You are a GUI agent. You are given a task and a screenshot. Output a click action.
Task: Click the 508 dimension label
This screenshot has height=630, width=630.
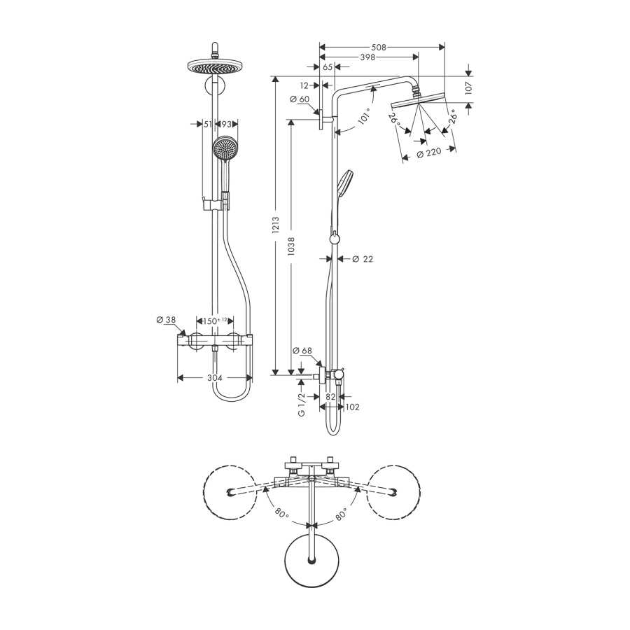pyautogui.click(x=378, y=48)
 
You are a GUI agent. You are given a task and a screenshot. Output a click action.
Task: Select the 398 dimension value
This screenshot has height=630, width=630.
pyautogui.click(x=367, y=57)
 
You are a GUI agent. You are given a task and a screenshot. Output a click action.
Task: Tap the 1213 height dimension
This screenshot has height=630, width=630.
pyautogui.click(x=275, y=225)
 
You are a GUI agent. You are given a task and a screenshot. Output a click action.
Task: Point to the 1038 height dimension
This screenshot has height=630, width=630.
pyautogui.click(x=291, y=246)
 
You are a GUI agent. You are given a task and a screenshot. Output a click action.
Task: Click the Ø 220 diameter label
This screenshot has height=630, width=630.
pyautogui.click(x=428, y=153)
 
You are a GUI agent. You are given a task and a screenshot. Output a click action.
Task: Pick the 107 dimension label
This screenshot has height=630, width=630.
pyautogui.click(x=469, y=88)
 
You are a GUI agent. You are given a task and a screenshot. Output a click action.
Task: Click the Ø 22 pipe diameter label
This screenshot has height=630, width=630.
pyautogui.click(x=363, y=259)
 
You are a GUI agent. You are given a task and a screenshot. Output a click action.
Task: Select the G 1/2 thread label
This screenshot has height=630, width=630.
pyautogui.click(x=302, y=404)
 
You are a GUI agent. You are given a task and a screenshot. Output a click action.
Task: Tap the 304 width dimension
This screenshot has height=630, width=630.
pyautogui.click(x=215, y=378)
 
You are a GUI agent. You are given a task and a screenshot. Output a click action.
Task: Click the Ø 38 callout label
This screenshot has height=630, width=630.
pyautogui.click(x=166, y=320)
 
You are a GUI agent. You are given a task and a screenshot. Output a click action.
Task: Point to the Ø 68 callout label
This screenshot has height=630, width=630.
pyautogui.click(x=302, y=351)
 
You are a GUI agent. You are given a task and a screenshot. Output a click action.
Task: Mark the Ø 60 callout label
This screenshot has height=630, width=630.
pyautogui.click(x=300, y=99)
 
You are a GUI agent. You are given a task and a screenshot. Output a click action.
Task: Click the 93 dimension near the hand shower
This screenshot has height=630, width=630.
pyautogui.click(x=227, y=125)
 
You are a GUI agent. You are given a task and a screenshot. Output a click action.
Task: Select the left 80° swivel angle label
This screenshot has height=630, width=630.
pyautogui.click(x=281, y=514)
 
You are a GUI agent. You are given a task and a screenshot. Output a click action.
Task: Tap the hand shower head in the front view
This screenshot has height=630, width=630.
pyautogui.click(x=224, y=148)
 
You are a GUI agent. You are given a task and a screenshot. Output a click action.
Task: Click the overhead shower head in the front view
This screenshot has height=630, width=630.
pyautogui.click(x=216, y=66)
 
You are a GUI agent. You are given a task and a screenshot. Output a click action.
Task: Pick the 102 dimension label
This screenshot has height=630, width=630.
pyautogui.click(x=352, y=407)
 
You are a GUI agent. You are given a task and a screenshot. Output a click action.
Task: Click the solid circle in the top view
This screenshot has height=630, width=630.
pyautogui.click(x=311, y=560)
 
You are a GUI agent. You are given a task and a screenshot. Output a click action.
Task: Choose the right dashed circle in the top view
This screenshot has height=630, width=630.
pyautogui.click(x=393, y=466)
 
